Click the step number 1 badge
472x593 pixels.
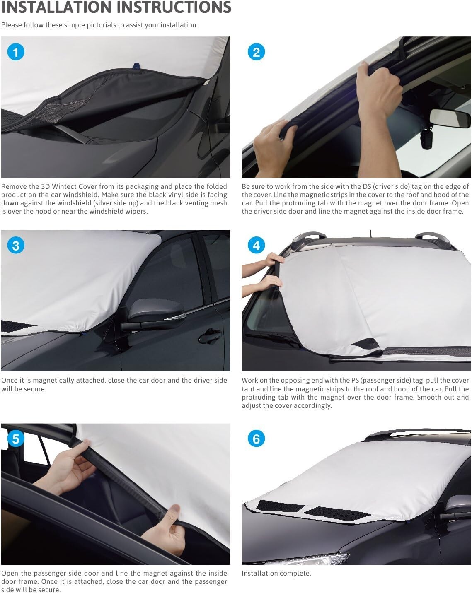tap(16, 52)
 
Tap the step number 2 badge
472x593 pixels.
tap(256, 52)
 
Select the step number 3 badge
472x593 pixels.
tap(16, 246)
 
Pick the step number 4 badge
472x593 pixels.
tap(256, 246)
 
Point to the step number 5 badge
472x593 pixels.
tap(16, 439)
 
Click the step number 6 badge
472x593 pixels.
tap(256, 439)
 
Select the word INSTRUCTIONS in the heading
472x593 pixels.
tap(176, 7)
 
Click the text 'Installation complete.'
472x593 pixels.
tap(276, 574)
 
